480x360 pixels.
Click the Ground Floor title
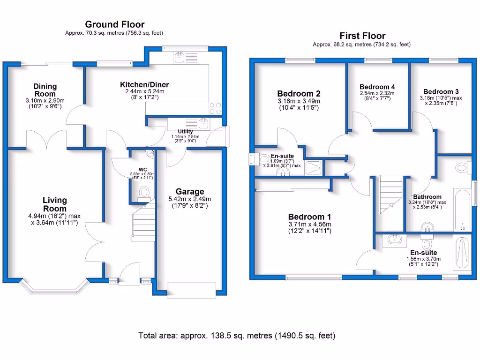(115, 24)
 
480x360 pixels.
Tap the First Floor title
(362, 36)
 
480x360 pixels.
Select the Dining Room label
(45, 90)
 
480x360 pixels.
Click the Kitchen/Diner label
(144, 84)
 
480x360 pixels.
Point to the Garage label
(190, 191)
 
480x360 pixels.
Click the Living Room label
(55, 204)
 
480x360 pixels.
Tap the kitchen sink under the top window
(179, 57)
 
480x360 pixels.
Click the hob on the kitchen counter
(215, 108)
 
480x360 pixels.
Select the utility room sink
(203, 123)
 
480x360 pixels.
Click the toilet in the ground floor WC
(144, 192)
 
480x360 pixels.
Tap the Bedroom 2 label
(299, 93)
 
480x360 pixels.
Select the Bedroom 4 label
(377, 87)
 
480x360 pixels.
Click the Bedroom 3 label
(441, 91)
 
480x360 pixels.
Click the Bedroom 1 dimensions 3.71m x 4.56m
(309, 224)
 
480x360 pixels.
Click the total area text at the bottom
(237, 336)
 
